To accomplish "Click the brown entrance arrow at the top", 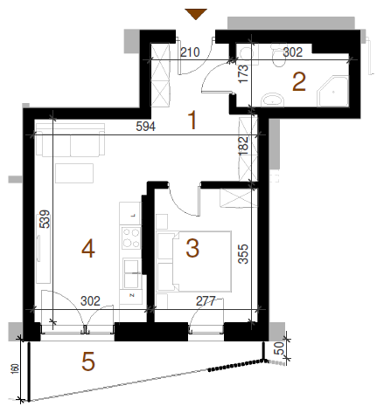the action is tap(196, 14).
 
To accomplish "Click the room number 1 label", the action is tap(192, 120).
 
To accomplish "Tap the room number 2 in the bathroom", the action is tap(299, 82).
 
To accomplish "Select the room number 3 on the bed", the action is tap(192, 248).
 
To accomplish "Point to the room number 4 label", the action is tap(88, 249).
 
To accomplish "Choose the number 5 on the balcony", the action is tap(88, 361).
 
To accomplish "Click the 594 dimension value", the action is tap(146, 127).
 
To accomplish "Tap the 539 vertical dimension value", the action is tap(45, 219).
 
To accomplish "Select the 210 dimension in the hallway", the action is tap(190, 52).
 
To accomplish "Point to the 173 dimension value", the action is tap(243, 73).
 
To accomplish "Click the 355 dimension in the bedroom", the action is tap(243, 254).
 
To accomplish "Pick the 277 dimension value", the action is tap(206, 301).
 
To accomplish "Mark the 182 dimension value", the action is tap(243, 145).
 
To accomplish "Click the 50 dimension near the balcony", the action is tap(279, 348).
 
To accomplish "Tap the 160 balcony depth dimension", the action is tap(16, 368).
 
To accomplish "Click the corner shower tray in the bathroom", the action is tap(332, 91).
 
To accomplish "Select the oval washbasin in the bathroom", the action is tap(273, 100).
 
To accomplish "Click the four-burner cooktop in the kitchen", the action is tap(131, 237).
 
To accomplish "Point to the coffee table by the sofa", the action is tap(74, 173).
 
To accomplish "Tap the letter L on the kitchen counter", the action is tap(134, 216).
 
